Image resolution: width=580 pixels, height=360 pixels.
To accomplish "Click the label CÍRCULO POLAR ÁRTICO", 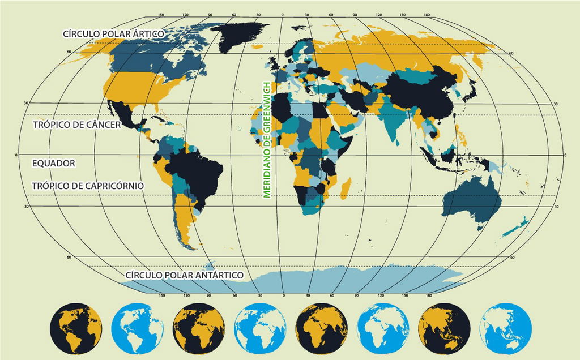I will pos(113,34).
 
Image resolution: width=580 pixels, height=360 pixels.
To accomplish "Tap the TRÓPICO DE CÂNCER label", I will pos(77,125).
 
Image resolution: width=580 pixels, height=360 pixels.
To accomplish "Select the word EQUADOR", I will pos(54,163).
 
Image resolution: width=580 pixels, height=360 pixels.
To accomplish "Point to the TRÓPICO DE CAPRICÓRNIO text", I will pos(88,186).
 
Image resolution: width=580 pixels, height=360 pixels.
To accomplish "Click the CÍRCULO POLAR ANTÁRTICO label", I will pos(184,275).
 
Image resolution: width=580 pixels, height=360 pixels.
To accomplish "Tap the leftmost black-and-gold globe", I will pos(75,329).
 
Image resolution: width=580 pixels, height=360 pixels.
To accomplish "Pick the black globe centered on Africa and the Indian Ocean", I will pos(321,329).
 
